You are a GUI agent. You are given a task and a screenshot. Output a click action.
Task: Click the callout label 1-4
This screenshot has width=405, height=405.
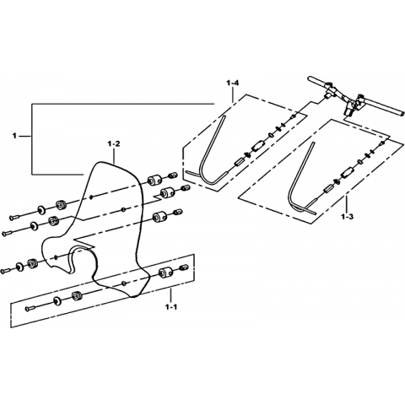coord(232,84)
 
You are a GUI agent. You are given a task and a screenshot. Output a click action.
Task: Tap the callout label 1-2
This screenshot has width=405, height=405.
coord(114,144)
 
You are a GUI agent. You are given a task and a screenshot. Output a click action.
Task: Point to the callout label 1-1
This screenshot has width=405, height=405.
coord(170,307)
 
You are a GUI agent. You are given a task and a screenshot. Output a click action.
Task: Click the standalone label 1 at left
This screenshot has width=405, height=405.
coord(14,137)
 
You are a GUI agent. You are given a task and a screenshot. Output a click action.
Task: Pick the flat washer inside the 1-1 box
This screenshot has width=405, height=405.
coord(58,300)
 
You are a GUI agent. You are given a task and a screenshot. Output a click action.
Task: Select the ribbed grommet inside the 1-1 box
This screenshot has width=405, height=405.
coord(77,296)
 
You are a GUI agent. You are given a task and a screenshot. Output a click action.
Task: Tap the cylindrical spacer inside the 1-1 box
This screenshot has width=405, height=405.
coord(165,273)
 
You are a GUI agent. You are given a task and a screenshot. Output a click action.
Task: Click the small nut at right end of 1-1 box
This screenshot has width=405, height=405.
coord(184,267)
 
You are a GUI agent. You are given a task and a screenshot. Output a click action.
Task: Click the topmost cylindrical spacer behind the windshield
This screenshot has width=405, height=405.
coord(154,180)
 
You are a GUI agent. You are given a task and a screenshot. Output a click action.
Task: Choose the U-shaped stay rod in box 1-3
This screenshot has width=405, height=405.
coord(299,180)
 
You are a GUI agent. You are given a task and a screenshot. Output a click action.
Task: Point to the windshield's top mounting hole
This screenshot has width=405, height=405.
coord(90,197)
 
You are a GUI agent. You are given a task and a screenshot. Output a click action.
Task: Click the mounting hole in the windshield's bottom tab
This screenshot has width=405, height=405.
coord(123,282)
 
